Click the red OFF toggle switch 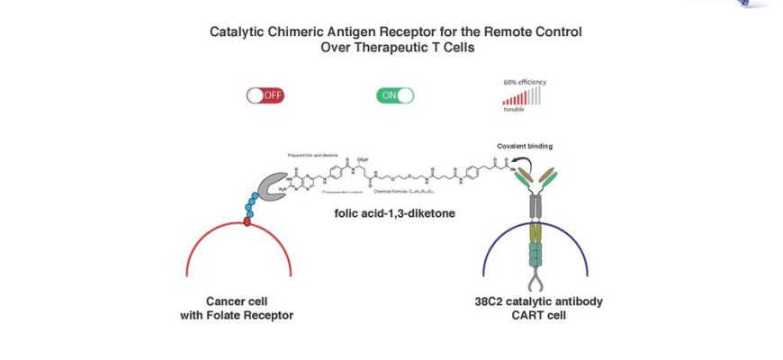pyautogui.click(x=266, y=94)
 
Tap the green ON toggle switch pyautogui.click(x=395, y=94)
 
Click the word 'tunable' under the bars pyautogui.click(x=515, y=110)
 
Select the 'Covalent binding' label pyautogui.click(x=525, y=145)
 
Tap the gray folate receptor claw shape pyautogui.click(x=271, y=187)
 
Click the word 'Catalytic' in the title pyautogui.click(x=238, y=31)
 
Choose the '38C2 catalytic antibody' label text pyautogui.click(x=539, y=301)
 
